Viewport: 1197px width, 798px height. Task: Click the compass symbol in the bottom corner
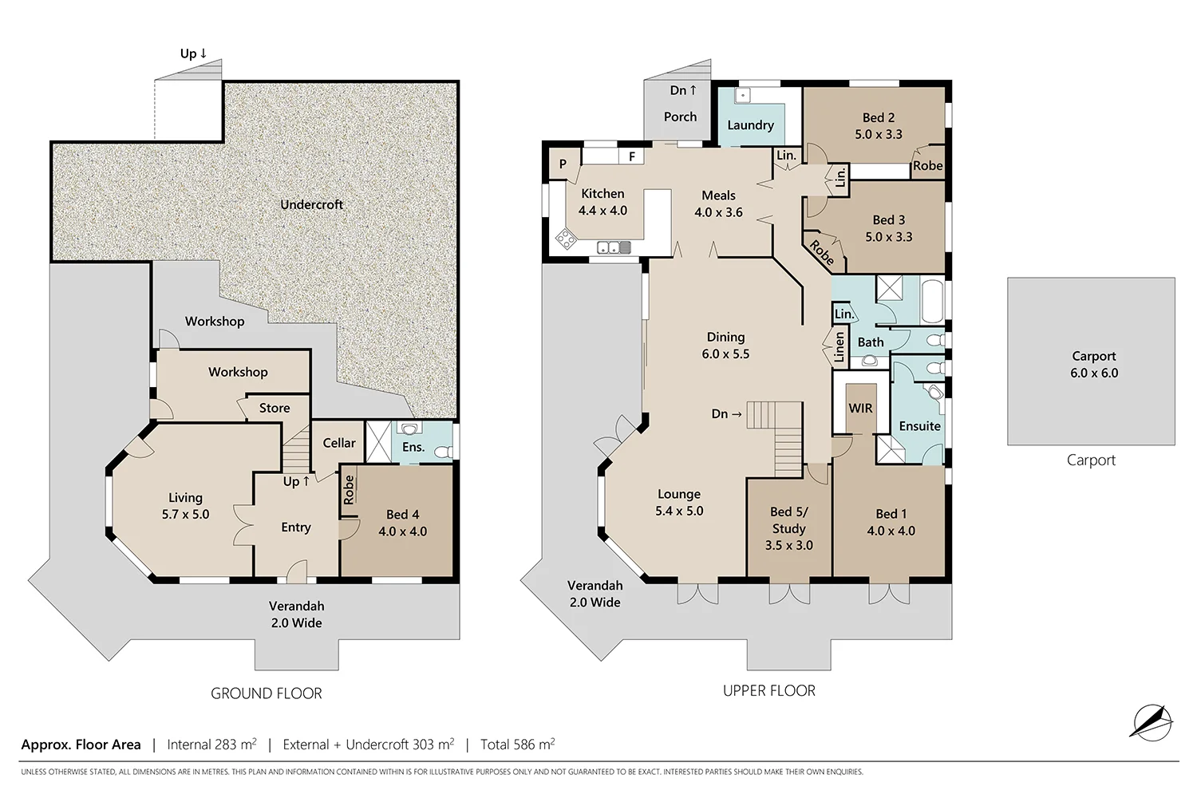(1151, 722)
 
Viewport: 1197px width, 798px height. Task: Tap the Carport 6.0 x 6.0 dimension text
(1093, 365)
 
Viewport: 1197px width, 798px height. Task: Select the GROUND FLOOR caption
(266, 693)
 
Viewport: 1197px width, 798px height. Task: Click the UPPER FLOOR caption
(768, 691)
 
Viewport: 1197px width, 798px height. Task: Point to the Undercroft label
(311, 205)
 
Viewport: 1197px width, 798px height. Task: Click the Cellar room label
(338, 443)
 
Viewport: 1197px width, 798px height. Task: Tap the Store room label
(274, 408)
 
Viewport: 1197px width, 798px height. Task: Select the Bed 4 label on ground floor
(402, 523)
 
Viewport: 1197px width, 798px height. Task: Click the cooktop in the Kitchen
(566, 239)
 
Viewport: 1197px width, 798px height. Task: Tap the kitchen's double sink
(614, 248)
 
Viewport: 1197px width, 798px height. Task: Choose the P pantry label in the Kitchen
(563, 164)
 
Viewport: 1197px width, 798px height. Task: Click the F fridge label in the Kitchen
(631, 157)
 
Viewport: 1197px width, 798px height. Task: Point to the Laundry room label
(750, 125)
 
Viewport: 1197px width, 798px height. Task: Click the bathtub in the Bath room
(931, 299)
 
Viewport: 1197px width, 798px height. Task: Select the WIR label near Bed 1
(859, 409)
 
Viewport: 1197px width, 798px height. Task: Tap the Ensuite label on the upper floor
(919, 426)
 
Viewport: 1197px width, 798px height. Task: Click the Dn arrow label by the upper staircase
(726, 414)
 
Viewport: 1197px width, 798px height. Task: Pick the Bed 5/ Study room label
(788, 528)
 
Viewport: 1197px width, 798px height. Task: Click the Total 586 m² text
(517, 745)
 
